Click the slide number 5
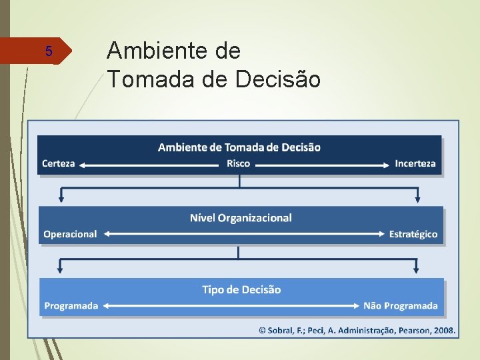pos(48,51)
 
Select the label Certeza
pos(58,163)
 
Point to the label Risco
pos(239,163)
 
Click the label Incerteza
pos(415,163)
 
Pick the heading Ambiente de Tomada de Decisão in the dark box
pos(239,147)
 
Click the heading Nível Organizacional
pos(241,218)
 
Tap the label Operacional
pos(70,234)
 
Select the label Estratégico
pos(413,234)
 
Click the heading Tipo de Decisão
pos(241,289)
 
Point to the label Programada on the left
pos(71,305)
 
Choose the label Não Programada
pos(400,305)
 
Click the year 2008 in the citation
pos(444,329)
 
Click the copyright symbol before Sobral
pos(263,329)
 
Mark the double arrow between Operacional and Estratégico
pos(243,234)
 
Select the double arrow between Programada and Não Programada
pos(230,305)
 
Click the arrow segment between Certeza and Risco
pos(151,164)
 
